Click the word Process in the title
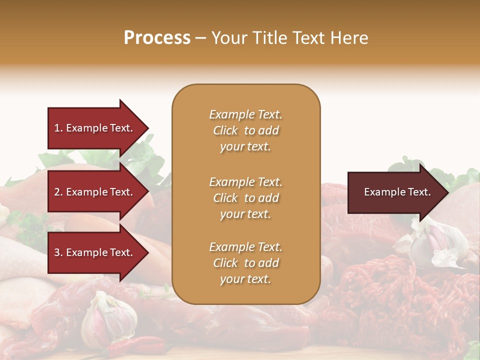157,38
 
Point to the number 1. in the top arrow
58,128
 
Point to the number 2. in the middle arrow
58,192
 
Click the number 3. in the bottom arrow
58,252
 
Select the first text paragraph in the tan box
245,130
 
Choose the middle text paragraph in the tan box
245,198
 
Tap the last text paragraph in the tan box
245,263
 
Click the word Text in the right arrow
418,192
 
